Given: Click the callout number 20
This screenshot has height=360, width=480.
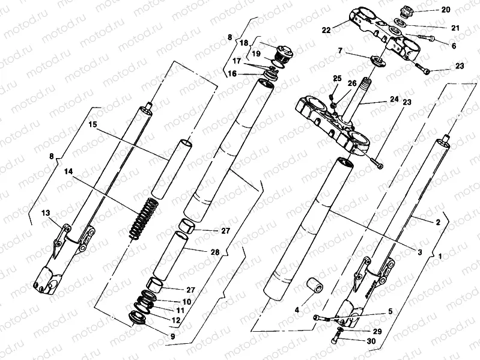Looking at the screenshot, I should [445, 10].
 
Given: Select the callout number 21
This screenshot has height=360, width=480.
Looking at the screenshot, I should [455, 28].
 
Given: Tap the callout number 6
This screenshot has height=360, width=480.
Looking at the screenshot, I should [454, 46].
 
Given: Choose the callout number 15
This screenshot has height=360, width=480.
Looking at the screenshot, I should [93, 124].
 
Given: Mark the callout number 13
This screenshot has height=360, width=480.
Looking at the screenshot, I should [46, 212].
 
